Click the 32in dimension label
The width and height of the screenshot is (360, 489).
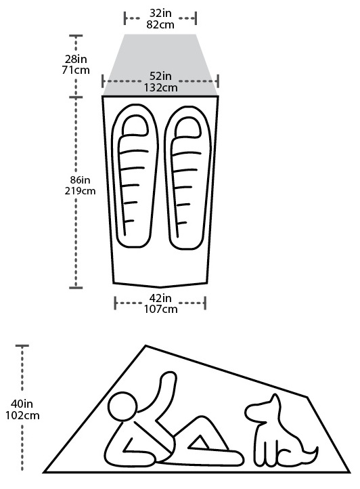160,14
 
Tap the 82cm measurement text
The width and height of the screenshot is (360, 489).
160,24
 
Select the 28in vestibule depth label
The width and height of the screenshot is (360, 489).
76,59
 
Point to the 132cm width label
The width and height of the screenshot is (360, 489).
160,87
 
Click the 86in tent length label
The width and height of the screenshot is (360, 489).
80,180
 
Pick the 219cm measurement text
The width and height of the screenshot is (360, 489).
80,191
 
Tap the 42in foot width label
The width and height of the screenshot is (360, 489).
160,298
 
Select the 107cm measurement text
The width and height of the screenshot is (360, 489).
160,309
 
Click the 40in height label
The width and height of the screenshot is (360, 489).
22,404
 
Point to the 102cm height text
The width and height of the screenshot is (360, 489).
22,415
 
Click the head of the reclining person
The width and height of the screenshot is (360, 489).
122,406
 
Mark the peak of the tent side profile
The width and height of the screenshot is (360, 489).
145,345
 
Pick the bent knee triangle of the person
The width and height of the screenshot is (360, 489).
198,443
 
